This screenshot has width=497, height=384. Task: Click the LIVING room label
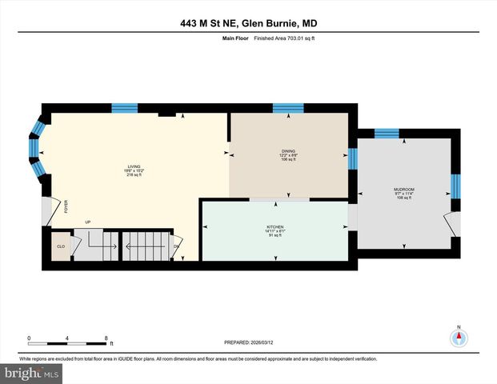(x=122, y=166)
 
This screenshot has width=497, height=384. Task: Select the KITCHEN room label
(x=275, y=227)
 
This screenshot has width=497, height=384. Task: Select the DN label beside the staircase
(x=176, y=247)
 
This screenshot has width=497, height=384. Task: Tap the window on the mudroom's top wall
(x=387, y=134)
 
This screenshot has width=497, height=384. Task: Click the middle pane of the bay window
(x=35, y=149)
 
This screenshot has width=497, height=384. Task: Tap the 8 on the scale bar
(x=106, y=337)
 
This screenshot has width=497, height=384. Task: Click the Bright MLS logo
(x=32, y=373)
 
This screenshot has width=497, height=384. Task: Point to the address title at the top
(x=248, y=24)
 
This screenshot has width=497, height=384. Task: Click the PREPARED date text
(x=248, y=342)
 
